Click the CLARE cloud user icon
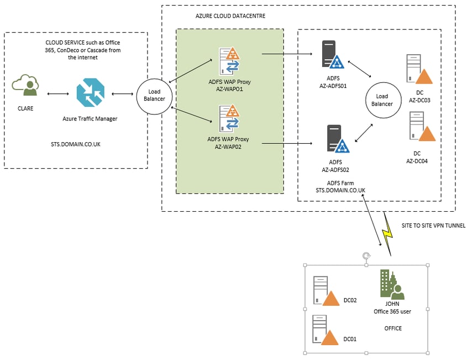[25, 85]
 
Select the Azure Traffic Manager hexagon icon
[91, 92]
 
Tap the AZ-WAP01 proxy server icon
[229, 61]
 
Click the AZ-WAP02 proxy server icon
[229, 118]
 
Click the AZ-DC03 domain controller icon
[419, 69]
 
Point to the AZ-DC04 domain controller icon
[422, 126]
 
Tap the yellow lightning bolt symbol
[387, 234]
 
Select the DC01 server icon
[325, 330]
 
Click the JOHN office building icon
[392, 284]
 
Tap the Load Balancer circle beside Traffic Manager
[155, 96]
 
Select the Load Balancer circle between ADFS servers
[383, 100]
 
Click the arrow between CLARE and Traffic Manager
[58, 94]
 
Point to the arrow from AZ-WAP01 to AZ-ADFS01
[287, 54]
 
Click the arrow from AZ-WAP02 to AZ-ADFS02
[287, 143]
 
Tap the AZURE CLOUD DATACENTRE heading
[230, 16]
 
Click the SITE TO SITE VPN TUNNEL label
[433, 226]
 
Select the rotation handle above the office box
[366, 256]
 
